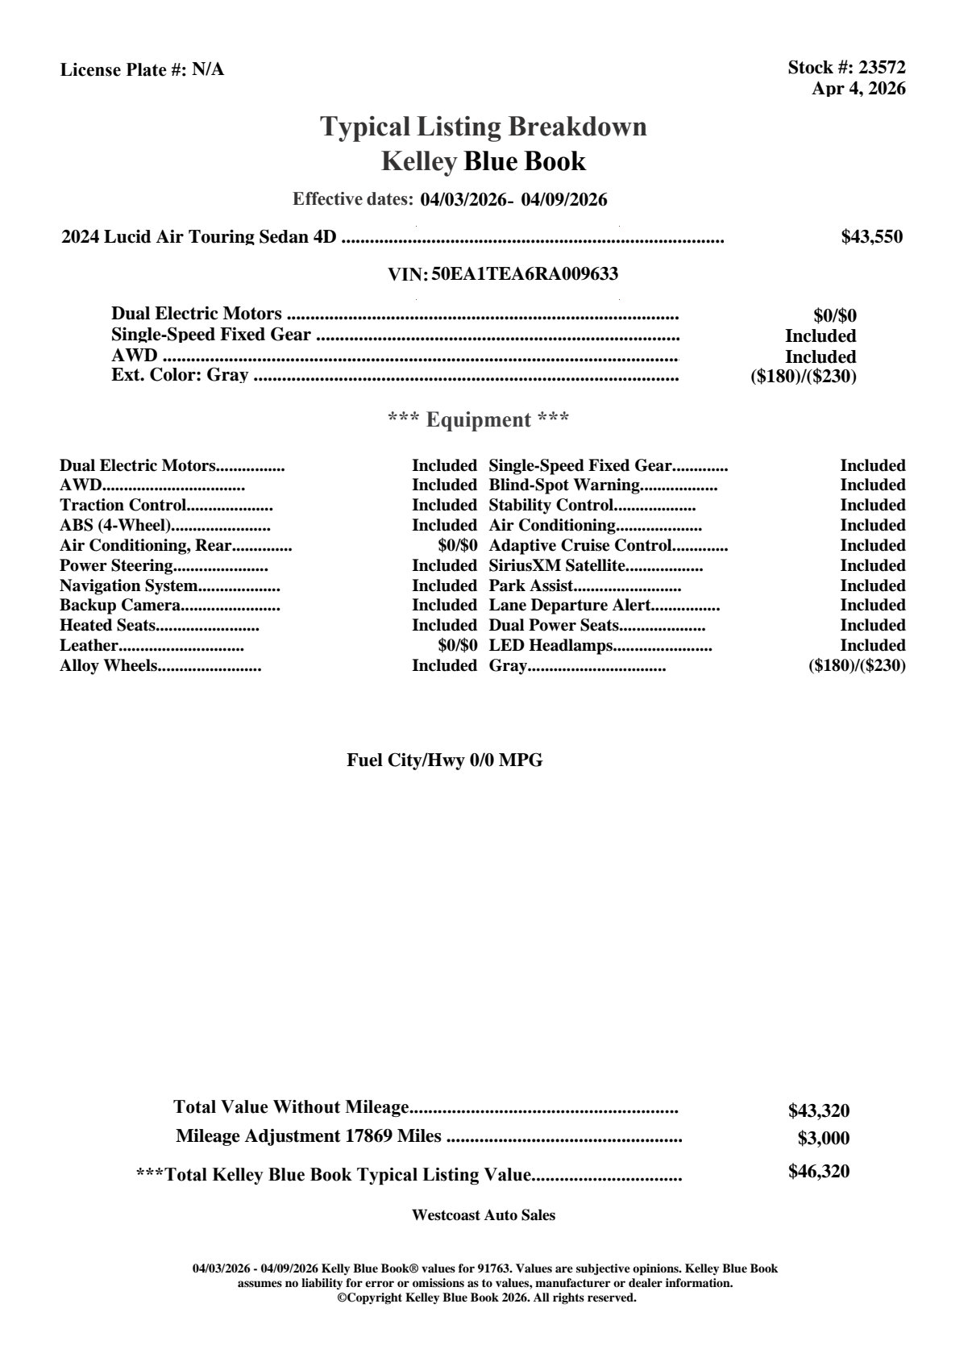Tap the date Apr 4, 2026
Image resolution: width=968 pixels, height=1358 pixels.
858,89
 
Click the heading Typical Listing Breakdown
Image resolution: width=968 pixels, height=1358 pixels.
484,127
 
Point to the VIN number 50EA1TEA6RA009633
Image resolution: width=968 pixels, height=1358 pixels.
525,274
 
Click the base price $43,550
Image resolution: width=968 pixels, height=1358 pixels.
872,237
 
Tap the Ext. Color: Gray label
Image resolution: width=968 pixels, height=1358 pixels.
180,375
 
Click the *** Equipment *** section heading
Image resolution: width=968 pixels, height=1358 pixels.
479,420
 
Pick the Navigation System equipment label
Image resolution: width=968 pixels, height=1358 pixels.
128,586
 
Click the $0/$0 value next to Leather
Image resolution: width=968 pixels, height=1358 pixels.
458,646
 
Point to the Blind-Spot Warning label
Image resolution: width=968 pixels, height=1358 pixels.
564,485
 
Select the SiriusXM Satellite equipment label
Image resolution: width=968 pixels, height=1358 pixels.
557,566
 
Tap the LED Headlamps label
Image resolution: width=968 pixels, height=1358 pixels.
551,646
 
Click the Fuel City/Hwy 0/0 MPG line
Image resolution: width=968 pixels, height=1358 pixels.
445,760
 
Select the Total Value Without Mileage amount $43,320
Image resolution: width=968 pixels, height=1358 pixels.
819,1111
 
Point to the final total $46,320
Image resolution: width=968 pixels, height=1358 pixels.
819,1172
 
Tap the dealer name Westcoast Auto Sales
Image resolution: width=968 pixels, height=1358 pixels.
484,1215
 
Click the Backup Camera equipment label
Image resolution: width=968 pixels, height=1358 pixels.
119,606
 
